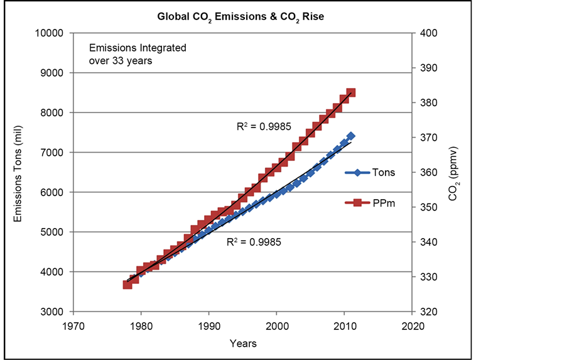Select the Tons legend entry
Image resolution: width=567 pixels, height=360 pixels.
tap(384, 173)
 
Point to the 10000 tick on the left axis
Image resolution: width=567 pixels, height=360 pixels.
tap(52, 33)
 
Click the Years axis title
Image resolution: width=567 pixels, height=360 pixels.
tap(242, 344)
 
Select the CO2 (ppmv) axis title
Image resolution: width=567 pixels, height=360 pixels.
tap(455, 173)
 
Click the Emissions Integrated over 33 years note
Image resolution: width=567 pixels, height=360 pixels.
tap(138, 55)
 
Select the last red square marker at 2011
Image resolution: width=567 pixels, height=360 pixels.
tap(351, 92)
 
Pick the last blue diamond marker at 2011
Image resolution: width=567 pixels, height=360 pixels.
tap(351, 136)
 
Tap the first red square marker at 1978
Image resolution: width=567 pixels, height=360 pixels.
tap(127, 284)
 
